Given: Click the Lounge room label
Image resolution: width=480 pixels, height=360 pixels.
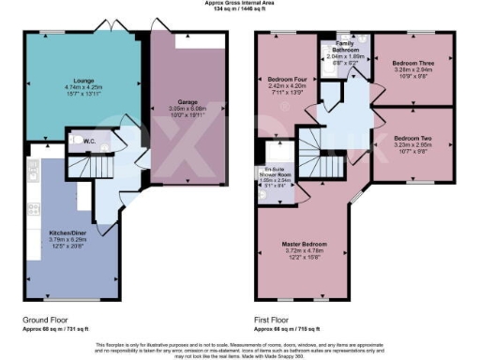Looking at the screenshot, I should pyautogui.click(x=72, y=82).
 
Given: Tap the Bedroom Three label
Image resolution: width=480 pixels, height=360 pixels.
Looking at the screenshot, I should pyautogui.click(x=413, y=63).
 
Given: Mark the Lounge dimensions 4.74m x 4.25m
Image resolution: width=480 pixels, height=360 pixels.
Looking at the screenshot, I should pyautogui.click(x=72, y=89).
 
